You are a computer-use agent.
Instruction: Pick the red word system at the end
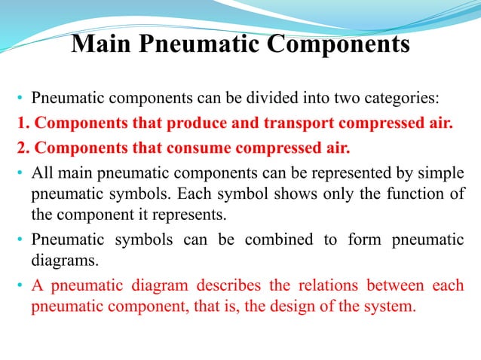pyautogui.click(x=393, y=308)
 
